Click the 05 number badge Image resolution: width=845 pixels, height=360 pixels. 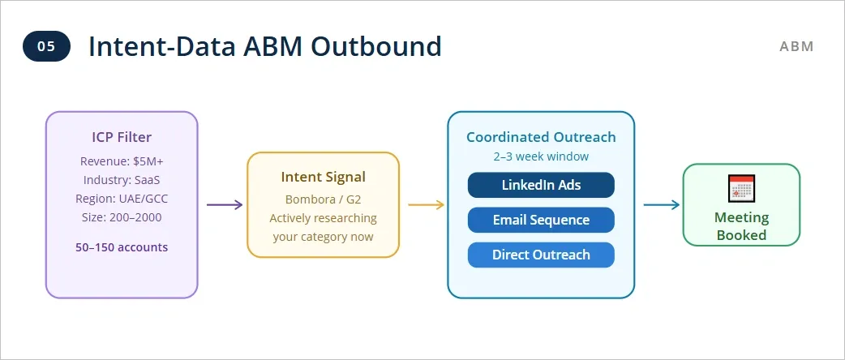[x=46, y=46]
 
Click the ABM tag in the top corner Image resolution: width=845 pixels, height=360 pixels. [x=796, y=46]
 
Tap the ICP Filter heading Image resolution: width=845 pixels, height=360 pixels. [x=122, y=137]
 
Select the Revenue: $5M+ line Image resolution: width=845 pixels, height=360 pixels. [x=122, y=161]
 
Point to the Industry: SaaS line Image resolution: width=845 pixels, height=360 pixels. [x=122, y=180]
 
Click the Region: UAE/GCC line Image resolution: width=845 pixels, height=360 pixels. [x=122, y=199]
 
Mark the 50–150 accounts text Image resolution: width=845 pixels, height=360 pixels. [x=122, y=246]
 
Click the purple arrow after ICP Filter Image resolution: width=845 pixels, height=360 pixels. [x=225, y=204]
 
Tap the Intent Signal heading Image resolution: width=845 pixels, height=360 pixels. [x=323, y=177]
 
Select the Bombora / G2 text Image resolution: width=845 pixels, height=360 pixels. [x=323, y=199]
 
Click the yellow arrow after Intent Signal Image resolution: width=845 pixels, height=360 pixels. [x=426, y=204]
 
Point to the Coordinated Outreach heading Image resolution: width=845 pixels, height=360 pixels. [x=541, y=137]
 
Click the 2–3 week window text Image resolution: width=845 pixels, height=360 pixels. [x=541, y=156]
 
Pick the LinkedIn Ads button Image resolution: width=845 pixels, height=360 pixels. [x=541, y=185]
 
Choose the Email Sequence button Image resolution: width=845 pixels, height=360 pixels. [x=541, y=220]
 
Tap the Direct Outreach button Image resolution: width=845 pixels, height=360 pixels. [x=541, y=255]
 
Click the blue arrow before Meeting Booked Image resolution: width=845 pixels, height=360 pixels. [x=662, y=204]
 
